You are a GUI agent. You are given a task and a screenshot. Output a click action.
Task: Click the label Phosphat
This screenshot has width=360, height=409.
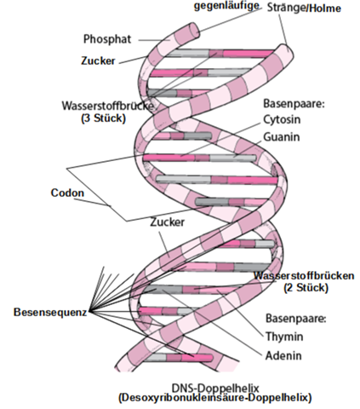(107, 39)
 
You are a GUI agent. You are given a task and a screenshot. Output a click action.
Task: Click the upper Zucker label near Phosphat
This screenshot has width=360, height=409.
(100, 61)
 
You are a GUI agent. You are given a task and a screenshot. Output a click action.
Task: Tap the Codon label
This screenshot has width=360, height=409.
(66, 193)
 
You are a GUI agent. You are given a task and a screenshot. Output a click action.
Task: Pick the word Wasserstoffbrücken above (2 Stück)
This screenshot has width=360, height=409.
(305, 276)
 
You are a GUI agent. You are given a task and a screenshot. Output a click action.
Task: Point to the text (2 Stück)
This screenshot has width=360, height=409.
(304, 289)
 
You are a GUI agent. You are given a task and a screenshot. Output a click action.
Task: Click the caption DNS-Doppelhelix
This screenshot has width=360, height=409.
(214, 386)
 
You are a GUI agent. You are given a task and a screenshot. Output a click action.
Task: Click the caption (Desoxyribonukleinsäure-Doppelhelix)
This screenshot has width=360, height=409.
(214, 398)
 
